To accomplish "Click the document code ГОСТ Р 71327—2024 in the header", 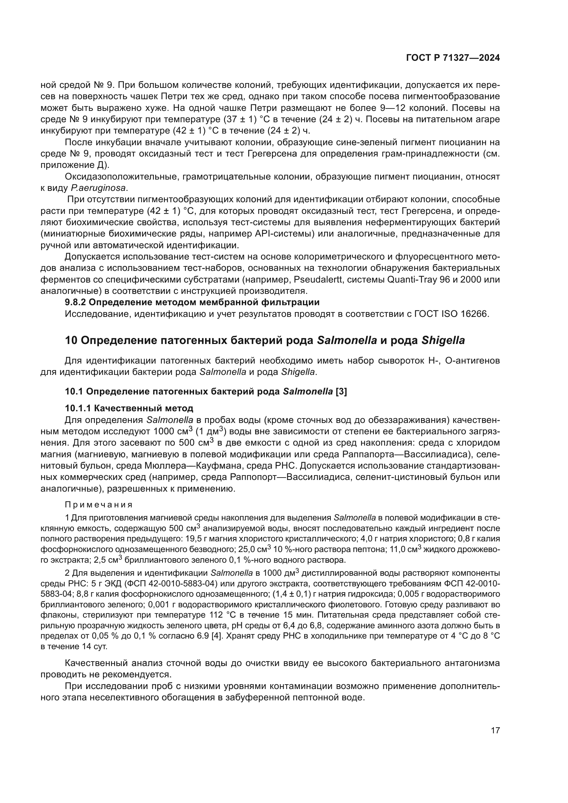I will pos(453,58).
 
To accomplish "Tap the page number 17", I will pos(495,730).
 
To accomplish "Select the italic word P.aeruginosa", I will pos(98,188).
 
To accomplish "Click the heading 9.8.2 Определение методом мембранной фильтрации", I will pos(192,302).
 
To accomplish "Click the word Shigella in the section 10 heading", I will pos(443,340).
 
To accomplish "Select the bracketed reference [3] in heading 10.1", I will pos(341,391).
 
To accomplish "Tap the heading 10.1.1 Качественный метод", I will pos(129,408).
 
